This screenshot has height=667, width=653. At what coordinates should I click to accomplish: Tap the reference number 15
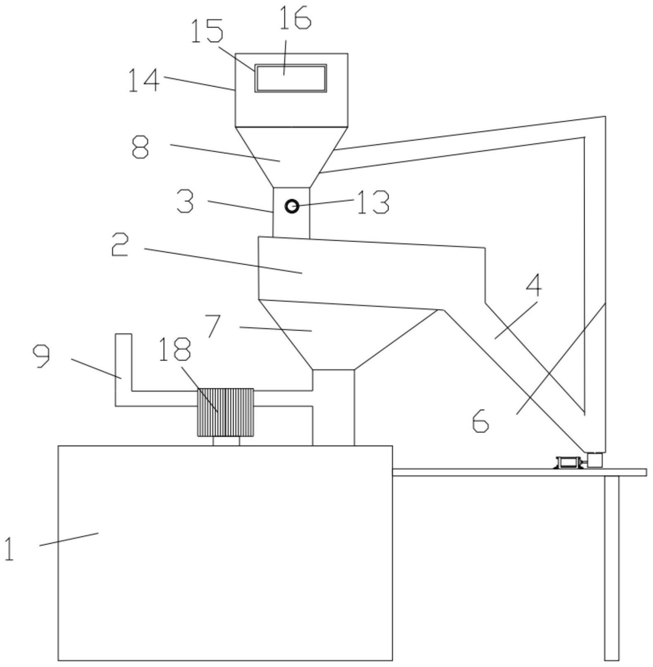[207, 31]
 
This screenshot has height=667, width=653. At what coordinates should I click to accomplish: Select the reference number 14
[144, 80]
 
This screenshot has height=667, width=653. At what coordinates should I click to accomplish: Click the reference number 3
[185, 201]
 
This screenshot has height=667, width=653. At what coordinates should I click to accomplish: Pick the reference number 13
[373, 202]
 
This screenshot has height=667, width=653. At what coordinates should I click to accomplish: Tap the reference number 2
[120, 244]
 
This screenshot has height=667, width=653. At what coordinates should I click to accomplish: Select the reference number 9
[41, 356]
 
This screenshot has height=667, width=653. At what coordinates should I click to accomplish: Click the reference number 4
[533, 284]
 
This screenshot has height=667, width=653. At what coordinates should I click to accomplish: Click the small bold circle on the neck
[292, 206]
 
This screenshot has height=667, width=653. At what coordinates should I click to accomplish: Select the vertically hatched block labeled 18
[226, 412]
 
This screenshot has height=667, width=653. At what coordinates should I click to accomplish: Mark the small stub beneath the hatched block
[226, 441]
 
